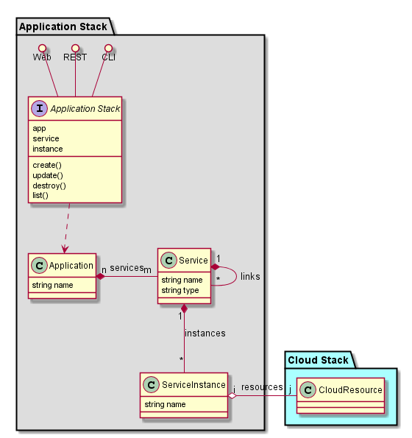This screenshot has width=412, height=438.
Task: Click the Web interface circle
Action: tap(42, 48)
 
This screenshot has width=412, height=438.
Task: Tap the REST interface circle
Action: tap(75, 48)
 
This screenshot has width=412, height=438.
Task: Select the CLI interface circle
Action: tap(108, 48)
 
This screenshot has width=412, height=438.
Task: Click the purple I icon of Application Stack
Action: tap(40, 108)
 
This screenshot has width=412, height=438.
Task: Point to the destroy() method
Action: tap(49, 186)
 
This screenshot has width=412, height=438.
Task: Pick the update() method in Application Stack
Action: tap(48, 175)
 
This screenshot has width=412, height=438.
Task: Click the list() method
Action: tap(40, 195)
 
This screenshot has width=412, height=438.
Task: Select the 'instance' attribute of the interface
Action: tap(47, 149)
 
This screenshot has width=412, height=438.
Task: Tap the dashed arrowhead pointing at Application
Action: tap(65, 249)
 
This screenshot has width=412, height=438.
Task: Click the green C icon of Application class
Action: tap(39, 265)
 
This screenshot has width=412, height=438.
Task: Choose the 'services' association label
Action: tap(127, 268)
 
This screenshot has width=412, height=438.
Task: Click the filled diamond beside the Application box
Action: tap(101, 277)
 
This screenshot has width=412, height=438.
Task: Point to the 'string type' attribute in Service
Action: tap(180, 290)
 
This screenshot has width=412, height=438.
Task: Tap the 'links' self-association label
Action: tap(250, 277)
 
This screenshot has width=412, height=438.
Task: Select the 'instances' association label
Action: tap(205, 333)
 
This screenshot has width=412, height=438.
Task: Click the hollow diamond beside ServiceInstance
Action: tap(232, 396)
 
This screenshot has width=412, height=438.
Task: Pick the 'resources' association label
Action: tap(262, 387)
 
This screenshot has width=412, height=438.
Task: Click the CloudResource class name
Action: tap(350, 389)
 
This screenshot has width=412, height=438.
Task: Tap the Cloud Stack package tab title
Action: tap(318, 360)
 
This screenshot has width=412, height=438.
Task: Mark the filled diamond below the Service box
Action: tap(184, 308)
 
